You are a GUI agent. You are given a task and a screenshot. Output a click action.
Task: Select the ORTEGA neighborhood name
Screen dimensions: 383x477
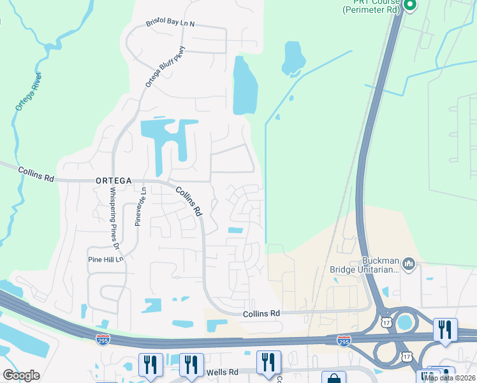(115, 181)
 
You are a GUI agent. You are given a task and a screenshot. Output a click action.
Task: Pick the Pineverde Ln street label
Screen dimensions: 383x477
(140, 206)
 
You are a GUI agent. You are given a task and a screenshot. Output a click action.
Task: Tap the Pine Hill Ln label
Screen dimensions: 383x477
(105, 260)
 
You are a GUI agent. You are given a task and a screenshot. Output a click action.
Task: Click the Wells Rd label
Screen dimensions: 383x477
(221, 372)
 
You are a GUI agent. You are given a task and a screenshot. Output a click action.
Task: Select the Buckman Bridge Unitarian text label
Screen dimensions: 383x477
(363, 265)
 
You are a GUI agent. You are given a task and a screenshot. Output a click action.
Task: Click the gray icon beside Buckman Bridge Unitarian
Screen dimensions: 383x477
(409, 263)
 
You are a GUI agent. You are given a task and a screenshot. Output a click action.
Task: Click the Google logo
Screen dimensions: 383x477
(22, 375)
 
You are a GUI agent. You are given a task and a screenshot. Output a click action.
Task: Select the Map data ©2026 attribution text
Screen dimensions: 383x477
(450, 378)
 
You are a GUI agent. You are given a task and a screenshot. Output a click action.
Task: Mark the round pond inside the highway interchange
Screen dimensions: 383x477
(404, 322)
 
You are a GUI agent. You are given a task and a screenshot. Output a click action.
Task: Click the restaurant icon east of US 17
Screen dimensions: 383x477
(444, 329)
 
